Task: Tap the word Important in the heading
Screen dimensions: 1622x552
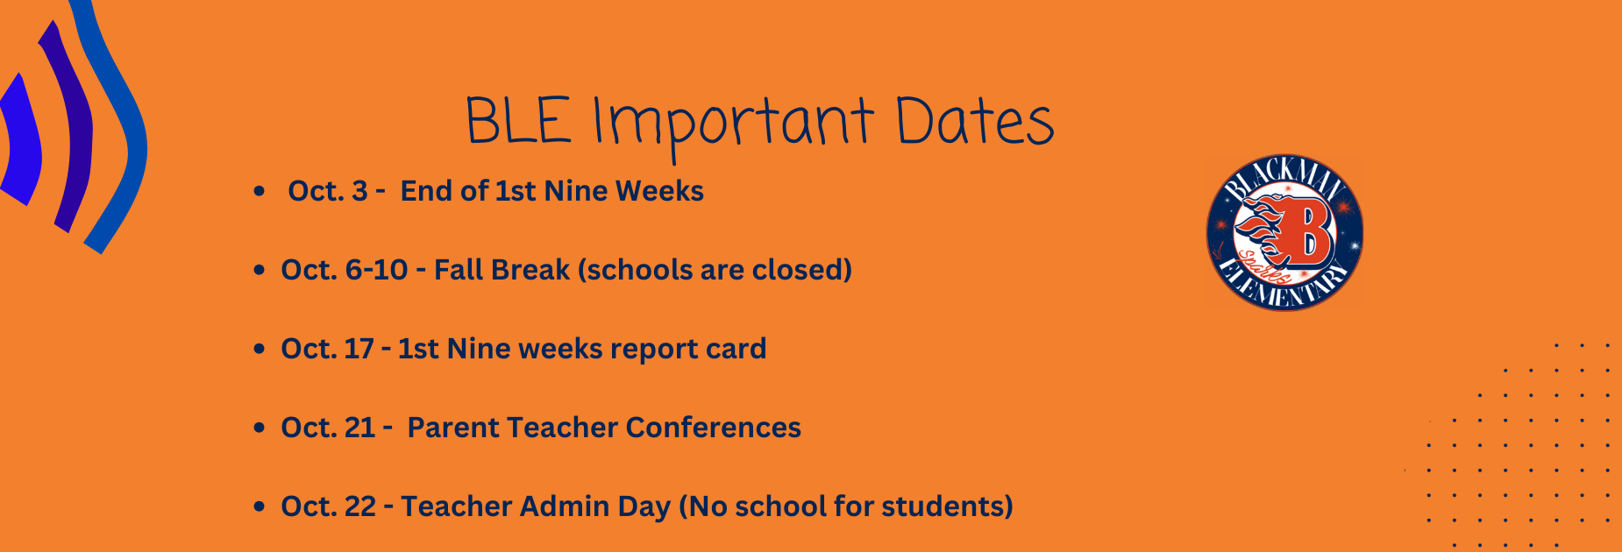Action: (x=733, y=126)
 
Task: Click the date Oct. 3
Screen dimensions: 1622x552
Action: (x=328, y=191)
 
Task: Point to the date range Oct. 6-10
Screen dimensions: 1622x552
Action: (x=345, y=270)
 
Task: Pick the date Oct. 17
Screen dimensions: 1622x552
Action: (x=327, y=349)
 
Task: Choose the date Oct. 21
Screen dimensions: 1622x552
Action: (x=328, y=428)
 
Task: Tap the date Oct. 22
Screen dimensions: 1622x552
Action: (x=329, y=506)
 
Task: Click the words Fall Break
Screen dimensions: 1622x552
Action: (x=502, y=270)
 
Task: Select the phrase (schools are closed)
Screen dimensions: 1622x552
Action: (x=715, y=271)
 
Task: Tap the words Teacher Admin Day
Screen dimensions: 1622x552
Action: (x=536, y=507)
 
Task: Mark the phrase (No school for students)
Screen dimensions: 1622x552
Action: (x=846, y=507)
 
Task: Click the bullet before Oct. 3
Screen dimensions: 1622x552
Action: (x=259, y=191)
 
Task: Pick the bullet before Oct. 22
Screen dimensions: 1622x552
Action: (x=259, y=506)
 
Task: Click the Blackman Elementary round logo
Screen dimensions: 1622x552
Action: (x=1284, y=233)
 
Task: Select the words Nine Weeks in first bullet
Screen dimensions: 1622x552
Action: (x=624, y=191)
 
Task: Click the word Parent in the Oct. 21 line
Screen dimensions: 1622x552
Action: (x=452, y=428)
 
